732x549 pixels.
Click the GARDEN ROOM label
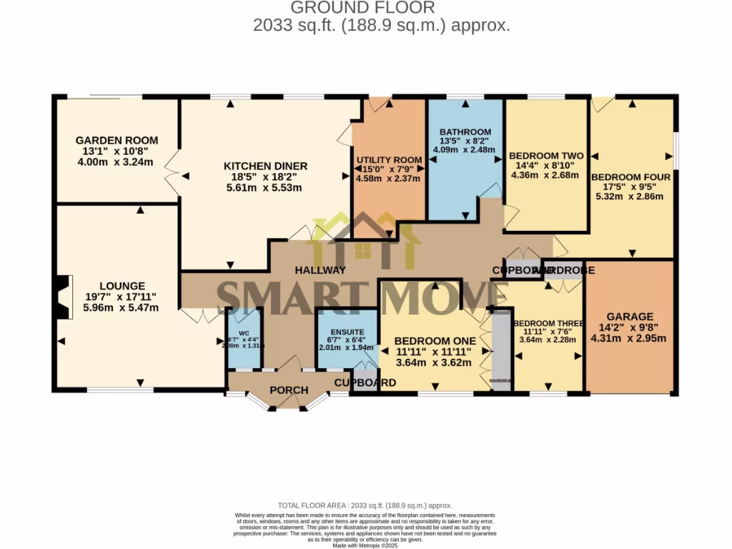click(117, 141)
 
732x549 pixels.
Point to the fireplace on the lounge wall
click(61, 297)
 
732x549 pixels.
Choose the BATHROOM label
click(465, 132)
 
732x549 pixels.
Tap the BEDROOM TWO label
click(545, 156)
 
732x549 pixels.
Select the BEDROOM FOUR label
click(630, 177)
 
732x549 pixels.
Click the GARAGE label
click(630, 317)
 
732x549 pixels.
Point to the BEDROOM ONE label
click(435, 341)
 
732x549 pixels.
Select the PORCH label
click(289, 390)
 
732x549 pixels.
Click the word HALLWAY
click(320, 270)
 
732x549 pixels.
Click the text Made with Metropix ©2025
click(365, 545)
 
